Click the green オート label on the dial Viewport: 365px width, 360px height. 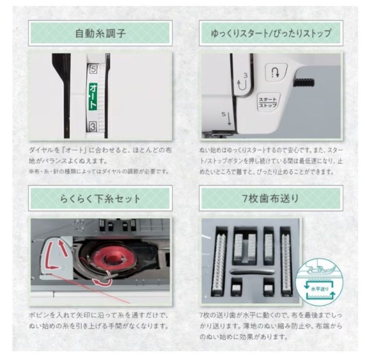92,96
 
